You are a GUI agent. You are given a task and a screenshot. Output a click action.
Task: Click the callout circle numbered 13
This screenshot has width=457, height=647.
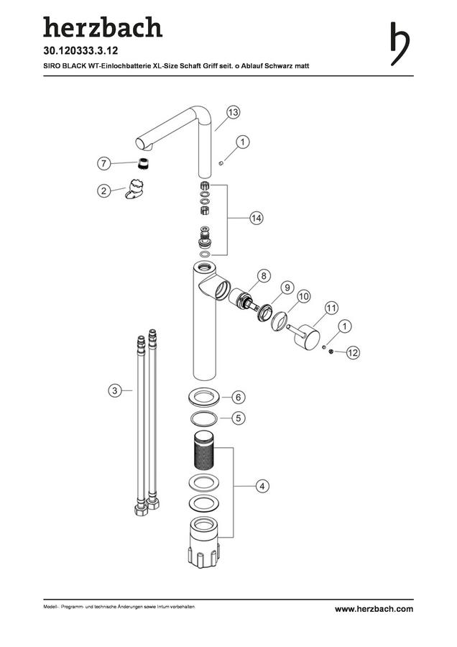click(x=233, y=112)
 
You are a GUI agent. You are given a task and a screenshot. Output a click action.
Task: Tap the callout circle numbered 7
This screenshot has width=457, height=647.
click(x=104, y=163)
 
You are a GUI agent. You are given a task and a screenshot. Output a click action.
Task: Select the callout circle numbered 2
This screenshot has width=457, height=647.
click(x=104, y=191)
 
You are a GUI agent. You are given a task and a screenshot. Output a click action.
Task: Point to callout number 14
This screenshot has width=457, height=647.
click(x=256, y=218)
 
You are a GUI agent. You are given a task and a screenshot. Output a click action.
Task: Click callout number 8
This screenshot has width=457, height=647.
click(x=264, y=275)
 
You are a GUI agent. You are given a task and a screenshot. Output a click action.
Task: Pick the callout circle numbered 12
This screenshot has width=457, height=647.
click(x=353, y=352)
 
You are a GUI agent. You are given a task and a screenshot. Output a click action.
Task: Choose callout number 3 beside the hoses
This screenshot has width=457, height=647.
click(x=115, y=390)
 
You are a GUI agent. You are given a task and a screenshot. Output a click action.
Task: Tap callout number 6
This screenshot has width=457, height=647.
click(x=239, y=398)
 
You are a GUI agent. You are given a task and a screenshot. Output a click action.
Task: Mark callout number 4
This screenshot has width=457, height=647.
click(x=262, y=486)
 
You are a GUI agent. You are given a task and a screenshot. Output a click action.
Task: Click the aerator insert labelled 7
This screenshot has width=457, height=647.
click(x=143, y=163)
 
